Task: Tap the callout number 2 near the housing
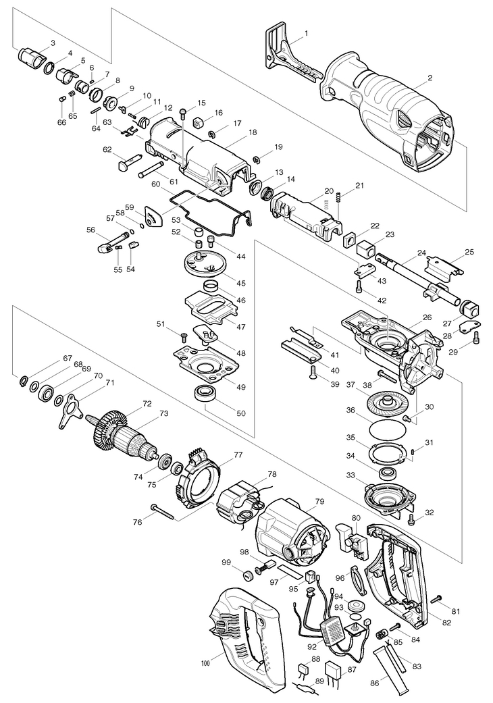[430, 78]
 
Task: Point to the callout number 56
[90, 230]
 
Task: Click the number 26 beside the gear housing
[427, 316]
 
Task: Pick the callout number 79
[319, 502]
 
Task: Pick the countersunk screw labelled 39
[313, 370]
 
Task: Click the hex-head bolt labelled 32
[411, 519]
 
